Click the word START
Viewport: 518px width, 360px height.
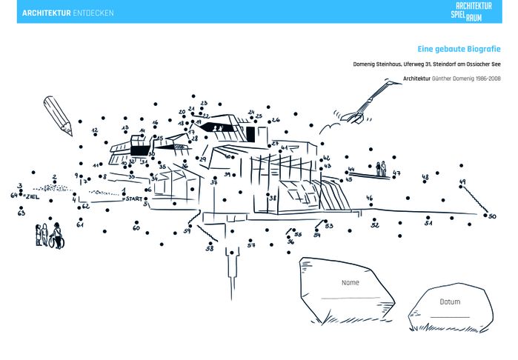[x=133, y=199]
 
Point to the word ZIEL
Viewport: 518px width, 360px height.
[x=32, y=196]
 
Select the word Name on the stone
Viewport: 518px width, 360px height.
[x=351, y=283]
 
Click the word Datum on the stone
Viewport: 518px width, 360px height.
[x=450, y=302]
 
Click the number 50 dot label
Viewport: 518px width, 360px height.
[x=492, y=216]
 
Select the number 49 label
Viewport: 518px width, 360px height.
[x=462, y=181]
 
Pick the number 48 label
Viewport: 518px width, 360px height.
[x=425, y=177]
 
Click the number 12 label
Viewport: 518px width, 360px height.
[x=95, y=130]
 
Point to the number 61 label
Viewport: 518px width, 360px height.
[x=80, y=224]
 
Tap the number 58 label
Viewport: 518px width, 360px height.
[x=210, y=249]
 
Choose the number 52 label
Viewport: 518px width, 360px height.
[x=375, y=225]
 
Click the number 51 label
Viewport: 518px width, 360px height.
[x=428, y=222]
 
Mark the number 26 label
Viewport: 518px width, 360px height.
[x=276, y=119]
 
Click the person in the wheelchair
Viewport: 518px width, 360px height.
[x=56, y=236]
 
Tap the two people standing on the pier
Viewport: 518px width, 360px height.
[x=381, y=167]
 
